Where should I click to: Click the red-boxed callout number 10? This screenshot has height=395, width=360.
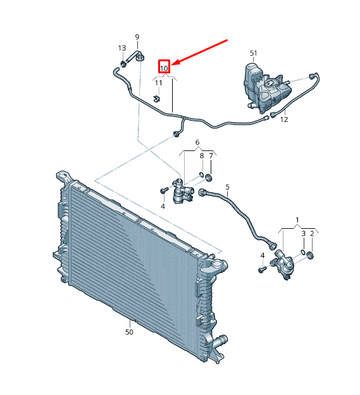164,66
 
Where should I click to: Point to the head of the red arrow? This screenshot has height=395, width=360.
175,64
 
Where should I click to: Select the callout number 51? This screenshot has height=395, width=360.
254,53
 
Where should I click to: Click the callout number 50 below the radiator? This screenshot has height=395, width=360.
129,331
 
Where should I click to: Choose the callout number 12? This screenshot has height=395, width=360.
284,119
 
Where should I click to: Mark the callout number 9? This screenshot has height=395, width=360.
137,37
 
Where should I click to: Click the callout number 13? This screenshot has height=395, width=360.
122,48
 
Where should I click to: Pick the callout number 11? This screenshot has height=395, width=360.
158,83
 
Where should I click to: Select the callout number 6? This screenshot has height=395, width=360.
197,142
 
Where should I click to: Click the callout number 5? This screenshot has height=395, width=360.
227,187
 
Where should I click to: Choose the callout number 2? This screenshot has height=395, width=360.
312,234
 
